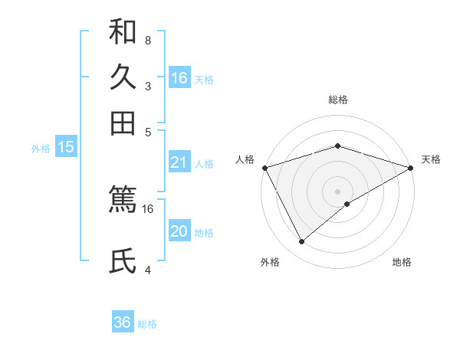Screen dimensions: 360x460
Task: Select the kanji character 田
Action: [x=123, y=123]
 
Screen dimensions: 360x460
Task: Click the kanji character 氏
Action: [x=123, y=261]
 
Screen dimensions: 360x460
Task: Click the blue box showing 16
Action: [x=179, y=78]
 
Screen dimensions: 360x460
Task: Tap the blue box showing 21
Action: [x=179, y=162]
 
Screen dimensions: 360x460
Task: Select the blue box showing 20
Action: [x=179, y=232]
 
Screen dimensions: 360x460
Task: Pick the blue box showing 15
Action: [x=66, y=147]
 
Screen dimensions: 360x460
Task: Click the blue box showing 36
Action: [x=123, y=322]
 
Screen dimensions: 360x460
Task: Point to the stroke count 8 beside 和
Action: [x=147, y=40]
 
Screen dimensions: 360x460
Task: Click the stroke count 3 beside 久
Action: [x=147, y=86]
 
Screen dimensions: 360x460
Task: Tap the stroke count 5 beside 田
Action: [x=147, y=131]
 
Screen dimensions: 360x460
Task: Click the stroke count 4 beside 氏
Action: [x=147, y=270]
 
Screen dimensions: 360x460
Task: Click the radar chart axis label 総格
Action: [x=337, y=100]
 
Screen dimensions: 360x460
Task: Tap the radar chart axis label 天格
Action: [x=431, y=159]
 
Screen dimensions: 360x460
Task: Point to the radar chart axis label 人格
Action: [x=245, y=159]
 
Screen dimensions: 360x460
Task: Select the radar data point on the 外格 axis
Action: [x=302, y=242]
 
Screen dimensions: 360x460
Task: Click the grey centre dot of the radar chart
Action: [x=337, y=191]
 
